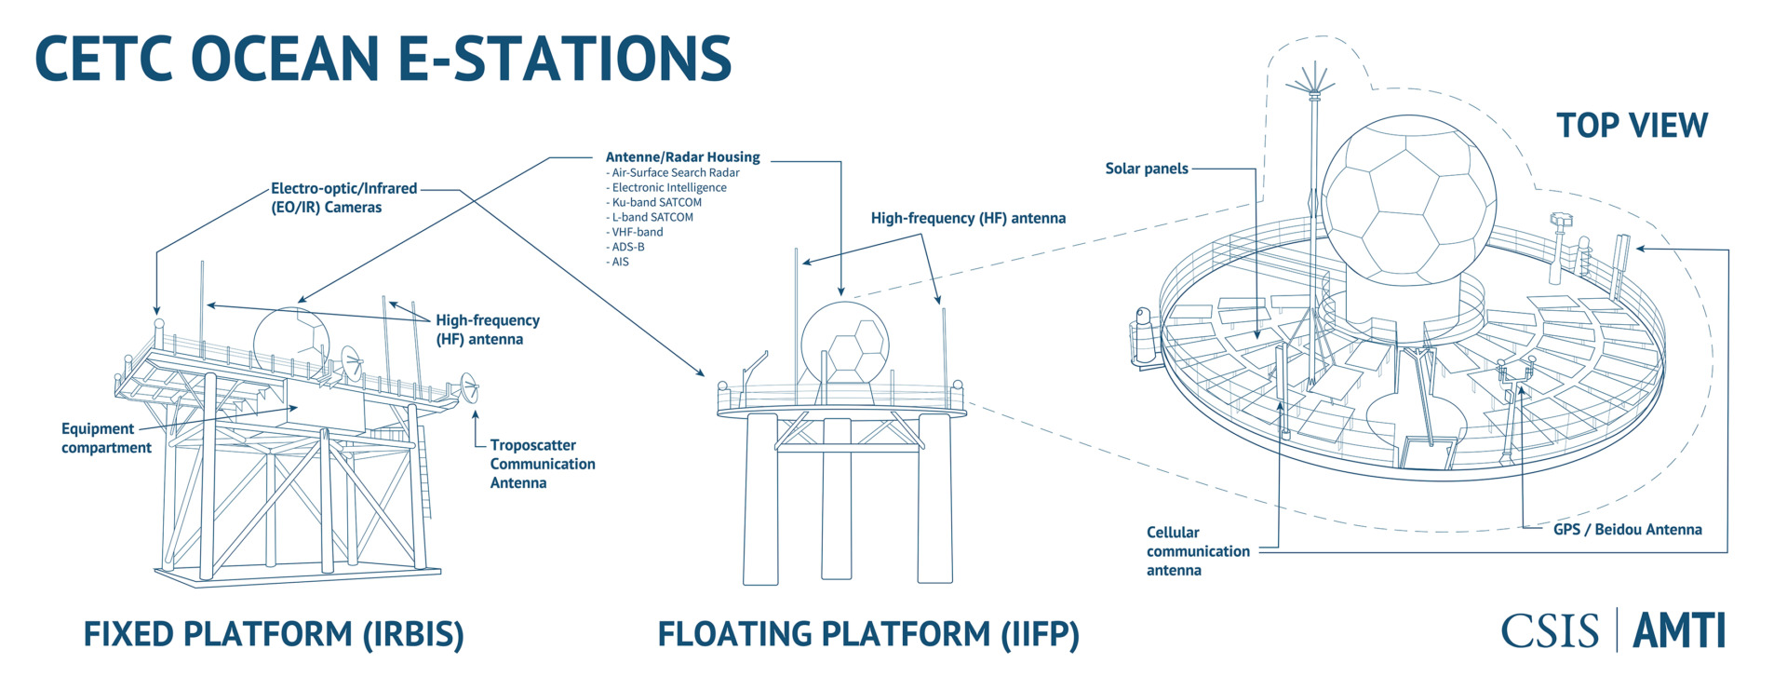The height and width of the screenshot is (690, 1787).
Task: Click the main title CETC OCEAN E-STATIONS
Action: point(383,58)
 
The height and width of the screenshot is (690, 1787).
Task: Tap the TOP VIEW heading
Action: point(1632,126)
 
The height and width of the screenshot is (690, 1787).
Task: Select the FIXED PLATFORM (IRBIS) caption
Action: point(274,634)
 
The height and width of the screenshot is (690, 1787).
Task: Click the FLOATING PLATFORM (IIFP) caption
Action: point(868,634)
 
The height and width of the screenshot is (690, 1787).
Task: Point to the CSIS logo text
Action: point(1550,631)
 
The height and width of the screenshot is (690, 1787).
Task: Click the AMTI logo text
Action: point(1679,630)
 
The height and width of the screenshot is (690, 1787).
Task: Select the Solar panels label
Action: point(1147,169)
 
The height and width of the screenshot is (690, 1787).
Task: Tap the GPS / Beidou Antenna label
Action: point(1628,530)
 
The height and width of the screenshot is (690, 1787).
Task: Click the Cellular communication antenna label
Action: point(1198,551)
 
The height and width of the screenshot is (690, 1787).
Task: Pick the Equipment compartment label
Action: point(106,439)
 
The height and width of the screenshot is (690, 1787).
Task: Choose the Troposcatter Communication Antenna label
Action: point(543,464)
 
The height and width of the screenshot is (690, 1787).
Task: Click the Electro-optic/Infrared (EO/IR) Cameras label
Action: point(344,197)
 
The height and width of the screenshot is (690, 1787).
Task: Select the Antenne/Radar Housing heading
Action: point(682,157)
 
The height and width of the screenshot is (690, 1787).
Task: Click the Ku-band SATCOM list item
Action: point(654,202)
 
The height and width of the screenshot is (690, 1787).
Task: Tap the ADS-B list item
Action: point(625,247)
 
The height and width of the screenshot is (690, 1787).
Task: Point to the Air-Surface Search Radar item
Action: point(673,172)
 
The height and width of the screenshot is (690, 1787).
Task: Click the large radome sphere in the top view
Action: point(1409,199)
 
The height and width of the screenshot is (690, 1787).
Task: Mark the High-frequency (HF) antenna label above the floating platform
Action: point(968,219)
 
